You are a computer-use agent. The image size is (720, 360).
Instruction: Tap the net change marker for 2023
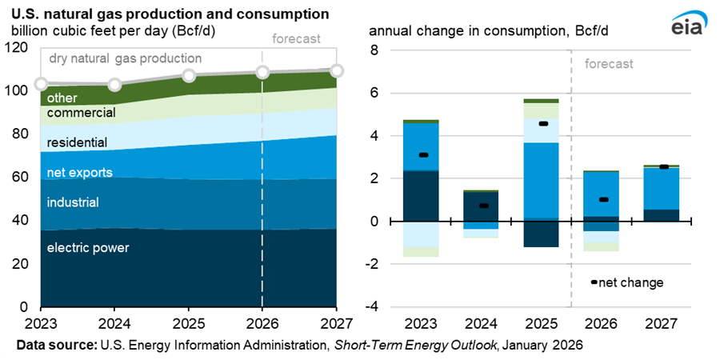424,155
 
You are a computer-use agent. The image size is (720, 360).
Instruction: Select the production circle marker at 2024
114,85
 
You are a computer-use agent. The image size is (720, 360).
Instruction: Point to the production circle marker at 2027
337,71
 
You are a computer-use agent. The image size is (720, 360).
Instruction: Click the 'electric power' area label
88,248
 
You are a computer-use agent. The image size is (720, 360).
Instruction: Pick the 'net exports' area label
79,173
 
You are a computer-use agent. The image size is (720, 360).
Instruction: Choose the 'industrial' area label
73,202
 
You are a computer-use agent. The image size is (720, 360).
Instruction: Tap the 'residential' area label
77,142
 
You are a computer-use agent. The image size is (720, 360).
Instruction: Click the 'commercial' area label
82,113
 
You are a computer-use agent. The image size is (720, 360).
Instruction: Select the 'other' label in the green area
61,98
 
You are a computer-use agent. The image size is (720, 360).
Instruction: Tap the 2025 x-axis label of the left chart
188,324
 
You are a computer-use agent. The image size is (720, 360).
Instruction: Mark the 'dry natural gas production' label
126,58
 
